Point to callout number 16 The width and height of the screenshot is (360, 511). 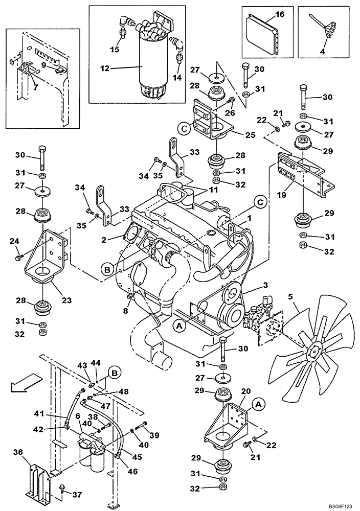(x=279, y=15)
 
